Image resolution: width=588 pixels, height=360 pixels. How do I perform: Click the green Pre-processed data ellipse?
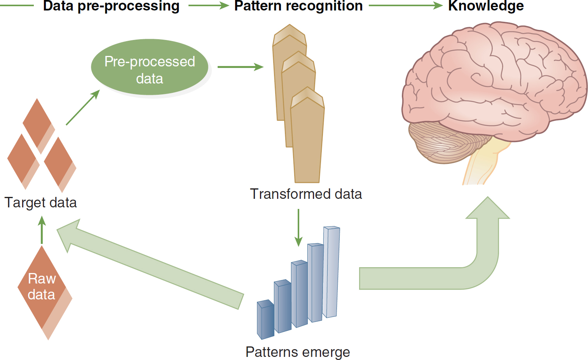coord(150,67)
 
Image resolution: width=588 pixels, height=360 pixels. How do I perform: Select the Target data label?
coord(41,203)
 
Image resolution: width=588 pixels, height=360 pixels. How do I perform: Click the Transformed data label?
coord(306,194)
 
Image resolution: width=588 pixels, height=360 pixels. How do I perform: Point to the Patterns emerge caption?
coord(298,352)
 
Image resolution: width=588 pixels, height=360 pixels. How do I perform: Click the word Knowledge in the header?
coord(486,6)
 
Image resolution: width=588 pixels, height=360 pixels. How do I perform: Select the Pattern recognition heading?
coord(298,6)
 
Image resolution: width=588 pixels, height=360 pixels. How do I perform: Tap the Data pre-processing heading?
coord(111,6)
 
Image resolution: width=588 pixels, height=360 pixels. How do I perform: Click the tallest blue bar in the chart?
coord(331,272)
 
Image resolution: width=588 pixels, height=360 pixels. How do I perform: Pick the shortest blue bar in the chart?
coord(265,320)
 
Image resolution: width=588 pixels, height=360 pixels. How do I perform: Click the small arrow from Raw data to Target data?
coord(42,230)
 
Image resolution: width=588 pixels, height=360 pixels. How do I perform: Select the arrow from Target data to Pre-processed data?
coord(83,107)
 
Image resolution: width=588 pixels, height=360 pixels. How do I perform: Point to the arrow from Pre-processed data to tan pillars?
coord(241,67)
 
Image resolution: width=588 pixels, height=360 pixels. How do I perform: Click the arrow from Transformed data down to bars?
coord(298,228)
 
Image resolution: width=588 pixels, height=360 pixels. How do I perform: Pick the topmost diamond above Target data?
coord(38,126)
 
